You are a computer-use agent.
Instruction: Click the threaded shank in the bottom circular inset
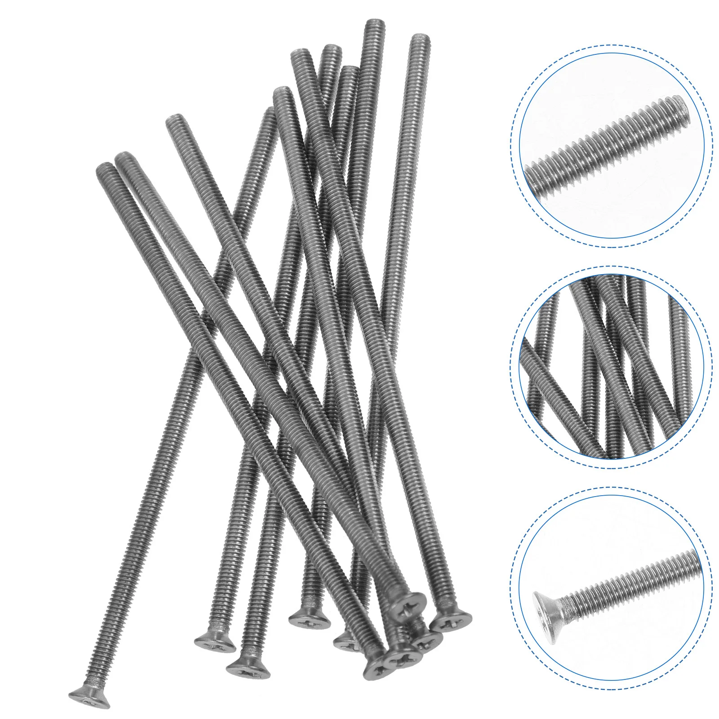(x=638, y=584)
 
